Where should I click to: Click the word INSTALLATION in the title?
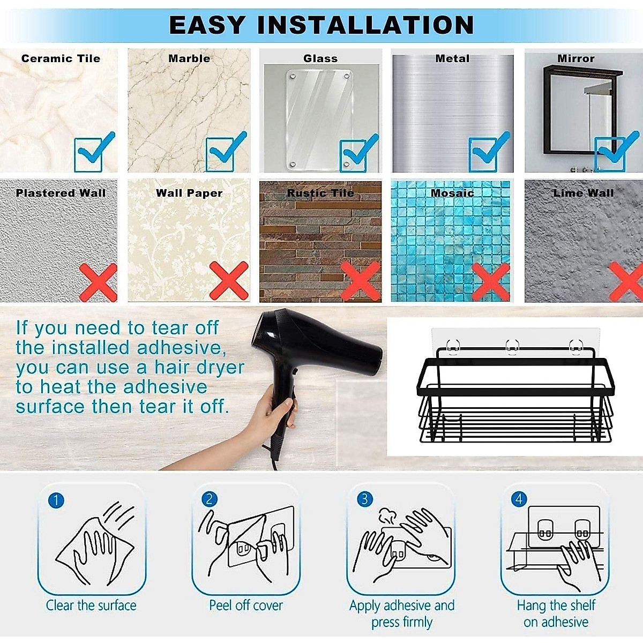[x=365, y=25]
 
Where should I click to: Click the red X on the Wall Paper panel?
[x=229, y=280]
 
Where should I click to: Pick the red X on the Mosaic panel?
[x=490, y=281]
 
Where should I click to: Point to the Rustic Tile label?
[x=320, y=193]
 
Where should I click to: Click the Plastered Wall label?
[x=61, y=193]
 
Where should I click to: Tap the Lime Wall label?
[x=583, y=193]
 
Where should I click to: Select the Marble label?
[x=189, y=58]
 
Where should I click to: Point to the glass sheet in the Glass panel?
[x=320, y=118]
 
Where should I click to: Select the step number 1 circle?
[x=56, y=500]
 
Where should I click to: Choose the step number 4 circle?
[x=519, y=499]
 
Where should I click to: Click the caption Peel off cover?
[x=245, y=605]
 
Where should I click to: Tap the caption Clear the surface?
[x=91, y=605]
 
